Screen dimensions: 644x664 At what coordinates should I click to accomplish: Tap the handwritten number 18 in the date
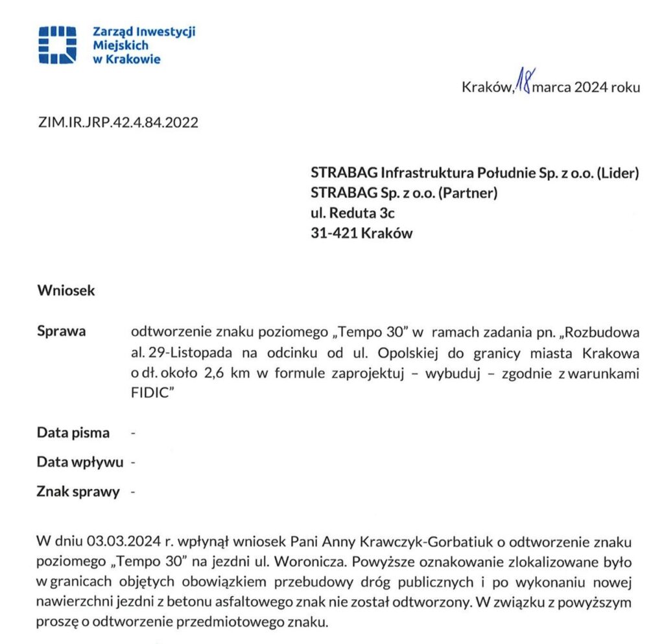point(522,84)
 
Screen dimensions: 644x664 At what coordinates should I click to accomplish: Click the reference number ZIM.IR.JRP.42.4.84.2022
point(117,122)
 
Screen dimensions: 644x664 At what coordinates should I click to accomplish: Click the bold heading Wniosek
point(66,291)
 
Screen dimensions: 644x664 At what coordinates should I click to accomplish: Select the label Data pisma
point(73,433)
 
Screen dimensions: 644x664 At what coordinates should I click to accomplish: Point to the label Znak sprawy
point(78,492)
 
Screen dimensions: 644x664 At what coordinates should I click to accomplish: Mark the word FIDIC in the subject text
point(150,394)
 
